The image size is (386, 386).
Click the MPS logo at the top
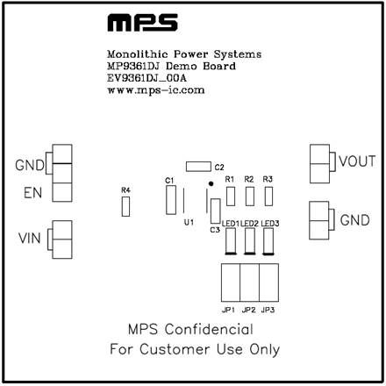pyautogui.click(x=143, y=23)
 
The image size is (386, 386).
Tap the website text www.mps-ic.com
pyautogui.click(x=156, y=90)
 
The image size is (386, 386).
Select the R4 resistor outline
pyautogui.click(x=125, y=206)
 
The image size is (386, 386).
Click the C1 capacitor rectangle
pyautogui.click(x=171, y=200)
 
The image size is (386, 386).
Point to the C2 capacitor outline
pyautogui.click(x=198, y=167)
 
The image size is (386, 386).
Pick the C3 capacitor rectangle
pyautogui.click(x=216, y=211)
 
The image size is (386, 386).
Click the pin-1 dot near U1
pyautogui.click(x=211, y=183)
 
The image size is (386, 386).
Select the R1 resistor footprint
pyautogui.click(x=231, y=197)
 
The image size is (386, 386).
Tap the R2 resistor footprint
pyautogui.click(x=250, y=197)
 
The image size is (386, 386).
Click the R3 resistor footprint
pyautogui.click(x=268, y=197)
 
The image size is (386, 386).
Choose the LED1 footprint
pyautogui.click(x=231, y=241)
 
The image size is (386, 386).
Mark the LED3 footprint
pyautogui.click(x=268, y=241)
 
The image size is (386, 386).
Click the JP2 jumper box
pyautogui.click(x=250, y=282)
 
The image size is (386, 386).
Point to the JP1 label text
pyautogui.click(x=228, y=310)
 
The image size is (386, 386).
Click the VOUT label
pyautogui.click(x=357, y=161)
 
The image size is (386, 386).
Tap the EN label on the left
pyautogui.click(x=32, y=193)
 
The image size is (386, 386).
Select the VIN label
pyautogui.click(x=30, y=238)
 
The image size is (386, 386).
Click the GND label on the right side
pyautogui.click(x=355, y=220)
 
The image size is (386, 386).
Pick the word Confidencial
pyautogui.click(x=209, y=329)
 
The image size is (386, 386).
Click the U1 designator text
pyautogui.click(x=189, y=222)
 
